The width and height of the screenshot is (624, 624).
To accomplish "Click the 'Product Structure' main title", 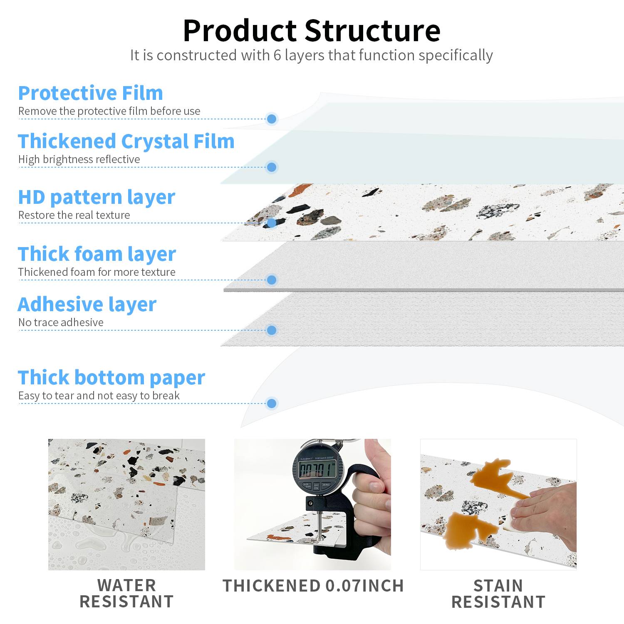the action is [312, 30].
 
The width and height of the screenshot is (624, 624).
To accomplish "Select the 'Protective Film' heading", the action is [91, 93].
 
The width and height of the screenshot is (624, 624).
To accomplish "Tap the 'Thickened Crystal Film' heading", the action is [126, 141].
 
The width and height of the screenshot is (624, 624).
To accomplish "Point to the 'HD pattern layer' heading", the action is [97, 197].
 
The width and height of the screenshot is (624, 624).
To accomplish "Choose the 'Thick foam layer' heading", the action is [97, 254].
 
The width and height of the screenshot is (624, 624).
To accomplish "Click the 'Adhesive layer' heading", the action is [87, 305].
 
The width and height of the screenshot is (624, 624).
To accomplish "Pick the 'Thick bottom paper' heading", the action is [111, 378].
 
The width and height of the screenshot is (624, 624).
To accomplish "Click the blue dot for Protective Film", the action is [272, 119].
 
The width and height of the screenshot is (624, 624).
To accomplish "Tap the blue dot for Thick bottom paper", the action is [272, 403].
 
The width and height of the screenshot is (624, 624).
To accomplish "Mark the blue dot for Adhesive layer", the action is [272, 330].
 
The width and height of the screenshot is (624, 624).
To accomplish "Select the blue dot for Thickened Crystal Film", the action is [272, 167].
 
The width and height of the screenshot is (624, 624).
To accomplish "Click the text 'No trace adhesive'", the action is [61, 322].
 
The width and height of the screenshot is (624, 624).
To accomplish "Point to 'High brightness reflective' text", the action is [79, 159].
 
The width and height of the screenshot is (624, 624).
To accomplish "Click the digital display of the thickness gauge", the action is [317, 470].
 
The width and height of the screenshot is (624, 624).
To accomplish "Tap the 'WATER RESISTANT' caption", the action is [126, 594].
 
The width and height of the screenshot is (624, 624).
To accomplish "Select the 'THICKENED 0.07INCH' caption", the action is [313, 586].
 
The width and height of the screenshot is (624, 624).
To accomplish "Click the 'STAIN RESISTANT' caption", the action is [498, 594].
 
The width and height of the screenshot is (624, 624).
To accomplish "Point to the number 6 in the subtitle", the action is [277, 55].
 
